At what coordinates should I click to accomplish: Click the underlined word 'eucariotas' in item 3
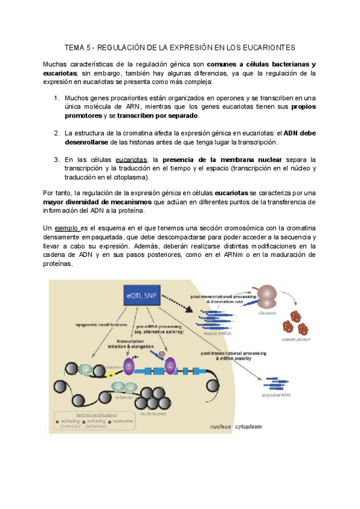pos(131,160)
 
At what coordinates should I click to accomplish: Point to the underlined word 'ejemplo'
pos(67,229)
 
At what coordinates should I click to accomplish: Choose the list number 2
pos(56,133)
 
